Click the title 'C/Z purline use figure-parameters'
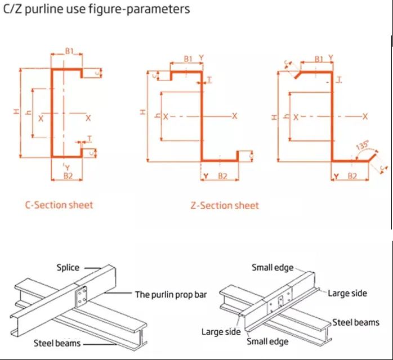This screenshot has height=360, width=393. point(96,10)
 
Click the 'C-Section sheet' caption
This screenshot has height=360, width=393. point(59,205)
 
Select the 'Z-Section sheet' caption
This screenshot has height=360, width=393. point(225,205)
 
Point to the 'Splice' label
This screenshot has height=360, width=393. point(68,268)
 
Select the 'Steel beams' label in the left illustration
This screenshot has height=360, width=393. point(57,343)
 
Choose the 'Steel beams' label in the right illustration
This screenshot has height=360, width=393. point(355,322)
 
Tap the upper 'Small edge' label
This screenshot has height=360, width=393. point(273,268)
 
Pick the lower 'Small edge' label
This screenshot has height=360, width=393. point(267,341)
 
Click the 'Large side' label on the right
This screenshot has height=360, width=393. point(348,293)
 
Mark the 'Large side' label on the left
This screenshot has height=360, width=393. point(221,332)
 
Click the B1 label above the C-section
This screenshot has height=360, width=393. point(69,51)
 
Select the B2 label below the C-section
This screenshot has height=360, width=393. point(68,176)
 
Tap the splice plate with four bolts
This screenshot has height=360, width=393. point(82,295)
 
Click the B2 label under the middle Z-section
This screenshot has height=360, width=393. point(222,176)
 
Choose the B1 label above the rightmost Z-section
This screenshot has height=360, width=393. point(319,58)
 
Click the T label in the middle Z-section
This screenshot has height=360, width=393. point(210,79)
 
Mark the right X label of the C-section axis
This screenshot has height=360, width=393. point(88,118)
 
